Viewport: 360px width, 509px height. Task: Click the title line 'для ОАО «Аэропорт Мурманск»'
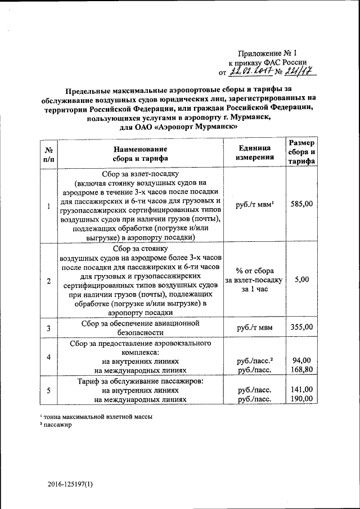(x=183, y=127)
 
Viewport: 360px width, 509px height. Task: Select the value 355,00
(x=301, y=327)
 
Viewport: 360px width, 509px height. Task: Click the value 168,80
(x=301, y=370)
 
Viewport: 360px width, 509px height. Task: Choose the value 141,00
(x=301, y=389)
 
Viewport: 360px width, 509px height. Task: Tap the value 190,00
(x=301, y=399)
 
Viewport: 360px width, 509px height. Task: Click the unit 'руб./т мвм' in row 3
(x=254, y=327)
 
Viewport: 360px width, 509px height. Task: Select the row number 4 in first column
(x=49, y=357)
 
